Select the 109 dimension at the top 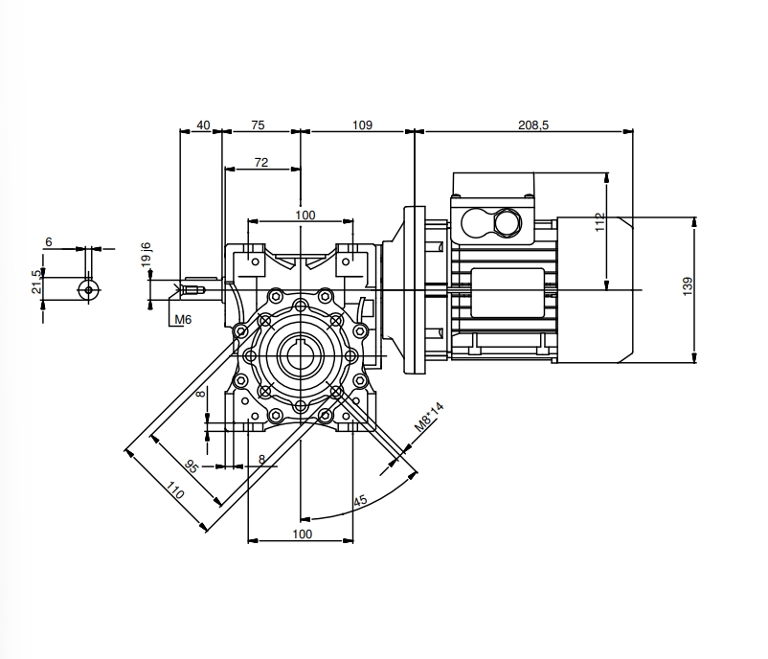[361, 125]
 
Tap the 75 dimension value [259, 125]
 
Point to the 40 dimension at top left [202, 125]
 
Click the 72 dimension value [261, 163]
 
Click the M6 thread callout [182, 319]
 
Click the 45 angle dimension [360, 501]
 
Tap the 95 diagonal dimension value [191, 466]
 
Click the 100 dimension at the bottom [302, 534]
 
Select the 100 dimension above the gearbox [305, 215]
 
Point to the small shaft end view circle [88, 287]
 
